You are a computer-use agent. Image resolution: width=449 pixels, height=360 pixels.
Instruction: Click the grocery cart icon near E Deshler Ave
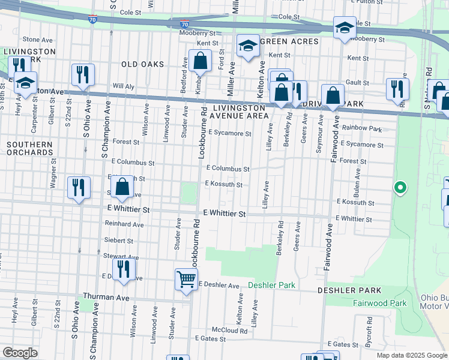pos(186,279)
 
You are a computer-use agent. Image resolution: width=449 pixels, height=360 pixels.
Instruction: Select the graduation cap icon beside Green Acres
pos(247,47)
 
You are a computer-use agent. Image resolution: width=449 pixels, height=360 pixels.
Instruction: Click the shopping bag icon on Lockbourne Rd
pos(200,61)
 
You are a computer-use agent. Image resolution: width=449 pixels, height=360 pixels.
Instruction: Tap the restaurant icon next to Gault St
pos(397,88)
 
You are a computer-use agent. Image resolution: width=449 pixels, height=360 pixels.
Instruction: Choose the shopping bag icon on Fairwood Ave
pos(333,95)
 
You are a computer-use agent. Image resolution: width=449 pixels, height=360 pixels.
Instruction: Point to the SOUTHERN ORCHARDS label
pos(30,148)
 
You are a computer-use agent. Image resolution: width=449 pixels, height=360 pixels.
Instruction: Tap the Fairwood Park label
pos(375,304)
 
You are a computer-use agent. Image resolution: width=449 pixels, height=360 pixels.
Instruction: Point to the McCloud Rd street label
pos(230,331)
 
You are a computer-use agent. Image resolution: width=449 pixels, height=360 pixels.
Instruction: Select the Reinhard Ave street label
pos(125,224)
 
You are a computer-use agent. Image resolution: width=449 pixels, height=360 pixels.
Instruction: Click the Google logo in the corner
pos(20,353)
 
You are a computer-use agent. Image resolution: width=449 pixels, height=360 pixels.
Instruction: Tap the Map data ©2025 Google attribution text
pos(411,355)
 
